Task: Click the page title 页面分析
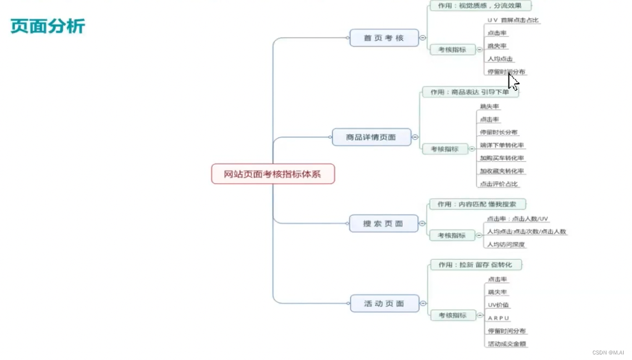click(48, 26)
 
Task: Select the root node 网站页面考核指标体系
click(273, 174)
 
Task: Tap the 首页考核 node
click(383, 38)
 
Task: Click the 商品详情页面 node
click(371, 137)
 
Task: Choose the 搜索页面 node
click(383, 224)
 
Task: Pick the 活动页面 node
click(384, 304)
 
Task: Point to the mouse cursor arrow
click(512, 81)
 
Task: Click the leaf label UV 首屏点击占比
click(513, 20)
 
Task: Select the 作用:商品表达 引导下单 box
click(470, 92)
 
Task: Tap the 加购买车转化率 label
click(502, 158)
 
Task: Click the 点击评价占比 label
click(499, 184)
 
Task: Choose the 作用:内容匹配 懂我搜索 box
click(477, 204)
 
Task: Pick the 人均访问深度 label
click(506, 244)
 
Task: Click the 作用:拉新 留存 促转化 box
click(475, 265)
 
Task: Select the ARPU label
click(498, 318)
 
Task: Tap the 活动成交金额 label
click(506, 344)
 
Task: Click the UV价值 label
click(498, 305)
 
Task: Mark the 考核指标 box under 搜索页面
click(452, 235)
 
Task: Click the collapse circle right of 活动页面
click(423, 304)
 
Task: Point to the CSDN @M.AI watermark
click(608, 352)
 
